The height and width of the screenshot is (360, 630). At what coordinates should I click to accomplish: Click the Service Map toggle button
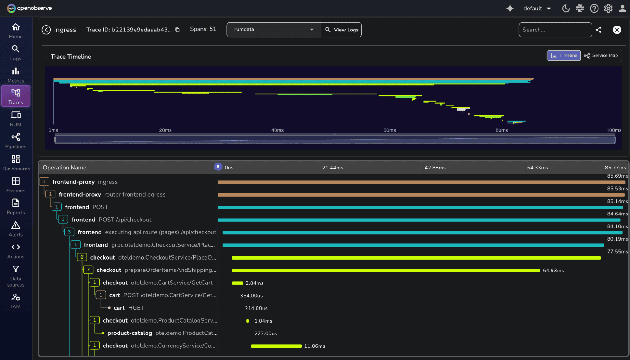point(601,55)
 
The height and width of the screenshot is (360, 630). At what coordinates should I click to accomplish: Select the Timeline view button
point(564,55)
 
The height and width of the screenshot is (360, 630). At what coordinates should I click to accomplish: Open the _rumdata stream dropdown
point(273,30)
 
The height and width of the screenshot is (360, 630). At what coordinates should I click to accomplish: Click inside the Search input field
point(555,30)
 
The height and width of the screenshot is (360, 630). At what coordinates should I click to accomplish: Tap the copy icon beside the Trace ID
point(177,30)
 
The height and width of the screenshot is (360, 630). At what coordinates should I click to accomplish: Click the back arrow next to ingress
point(46,30)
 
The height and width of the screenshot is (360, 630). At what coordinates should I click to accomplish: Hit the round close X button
point(617,30)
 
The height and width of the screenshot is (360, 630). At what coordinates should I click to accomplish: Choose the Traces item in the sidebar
point(16,96)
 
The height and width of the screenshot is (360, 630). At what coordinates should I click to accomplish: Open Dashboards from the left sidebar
point(16,162)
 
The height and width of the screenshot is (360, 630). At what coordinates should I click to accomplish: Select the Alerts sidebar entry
point(16,228)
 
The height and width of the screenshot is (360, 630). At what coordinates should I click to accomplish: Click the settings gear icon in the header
point(608,9)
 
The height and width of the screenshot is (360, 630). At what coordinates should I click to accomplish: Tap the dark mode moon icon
point(566,9)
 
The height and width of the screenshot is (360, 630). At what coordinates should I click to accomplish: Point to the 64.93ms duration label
point(553,271)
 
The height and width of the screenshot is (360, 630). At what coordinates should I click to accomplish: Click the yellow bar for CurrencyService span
point(276,346)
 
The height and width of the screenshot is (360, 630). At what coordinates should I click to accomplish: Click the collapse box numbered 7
point(88,270)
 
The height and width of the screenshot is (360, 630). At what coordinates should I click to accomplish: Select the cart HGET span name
point(129,308)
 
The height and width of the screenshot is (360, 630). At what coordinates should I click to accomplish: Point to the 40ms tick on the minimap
point(277,130)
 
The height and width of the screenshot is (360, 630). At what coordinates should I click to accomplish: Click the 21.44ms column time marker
point(332,168)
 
